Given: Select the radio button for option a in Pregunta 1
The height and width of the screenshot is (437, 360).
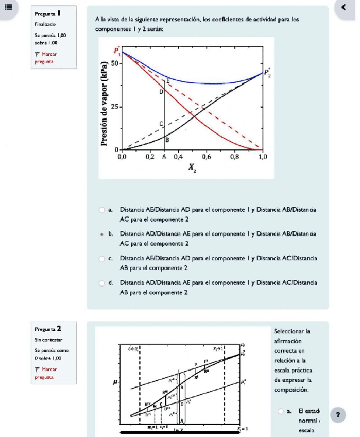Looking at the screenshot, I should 102,210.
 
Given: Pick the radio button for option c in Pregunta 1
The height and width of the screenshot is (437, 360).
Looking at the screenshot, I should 102,258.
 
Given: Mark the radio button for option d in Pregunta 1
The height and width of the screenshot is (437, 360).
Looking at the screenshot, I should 102,282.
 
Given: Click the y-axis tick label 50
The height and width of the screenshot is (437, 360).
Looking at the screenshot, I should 114,63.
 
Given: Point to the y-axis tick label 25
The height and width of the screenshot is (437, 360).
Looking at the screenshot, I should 114,107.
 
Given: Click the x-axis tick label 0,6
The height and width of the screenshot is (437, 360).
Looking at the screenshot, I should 206,155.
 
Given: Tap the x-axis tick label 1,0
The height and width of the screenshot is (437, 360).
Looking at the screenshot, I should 262,155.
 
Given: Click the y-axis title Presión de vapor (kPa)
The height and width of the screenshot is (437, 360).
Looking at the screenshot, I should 105,104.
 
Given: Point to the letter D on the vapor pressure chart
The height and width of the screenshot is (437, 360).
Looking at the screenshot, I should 160,92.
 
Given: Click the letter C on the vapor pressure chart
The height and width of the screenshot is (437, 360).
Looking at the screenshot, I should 161,124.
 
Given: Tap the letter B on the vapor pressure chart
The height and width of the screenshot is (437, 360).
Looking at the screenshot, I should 167,140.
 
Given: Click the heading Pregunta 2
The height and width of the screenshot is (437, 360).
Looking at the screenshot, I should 48,328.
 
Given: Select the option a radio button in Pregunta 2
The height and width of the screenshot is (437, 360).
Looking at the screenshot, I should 281,411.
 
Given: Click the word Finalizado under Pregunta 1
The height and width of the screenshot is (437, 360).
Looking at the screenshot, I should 46,24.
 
